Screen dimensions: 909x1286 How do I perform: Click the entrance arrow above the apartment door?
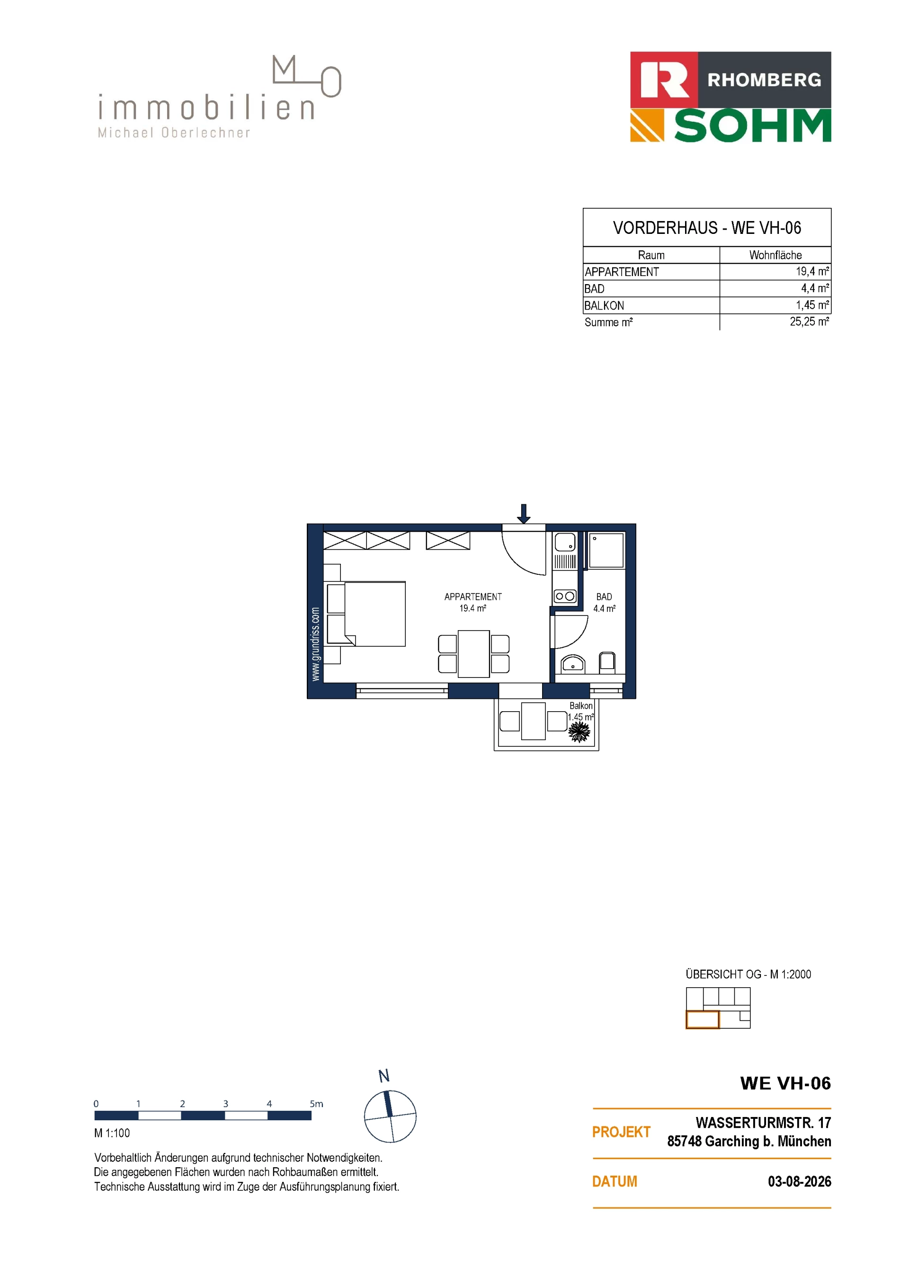(x=524, y=514)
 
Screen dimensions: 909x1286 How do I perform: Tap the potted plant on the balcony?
(x=579, y=731)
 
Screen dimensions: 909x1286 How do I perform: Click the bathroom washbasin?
(x=572, y=664)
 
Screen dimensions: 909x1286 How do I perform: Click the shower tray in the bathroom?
(x=606, y=550)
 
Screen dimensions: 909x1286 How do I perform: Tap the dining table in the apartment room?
(x=474, y=653)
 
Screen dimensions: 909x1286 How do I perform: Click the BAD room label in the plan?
(x=604, y=597)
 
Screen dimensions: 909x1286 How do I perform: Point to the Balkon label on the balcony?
(x=581, y=706)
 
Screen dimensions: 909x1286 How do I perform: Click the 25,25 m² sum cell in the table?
(x=809, y=321)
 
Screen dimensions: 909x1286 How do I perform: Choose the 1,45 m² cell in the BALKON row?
(x=812, y=305)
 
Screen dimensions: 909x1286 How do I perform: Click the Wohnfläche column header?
(x=775, y=255)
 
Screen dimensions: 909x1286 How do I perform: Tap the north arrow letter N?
(x=383, y=1076)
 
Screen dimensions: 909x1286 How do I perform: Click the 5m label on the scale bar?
(x=316, y=1104)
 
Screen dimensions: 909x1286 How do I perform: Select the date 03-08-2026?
(x=799, y=1181)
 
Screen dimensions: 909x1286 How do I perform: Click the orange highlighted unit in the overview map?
(x=702, y=1020)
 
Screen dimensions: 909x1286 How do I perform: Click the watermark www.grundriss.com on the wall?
(x=315, y=644)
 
